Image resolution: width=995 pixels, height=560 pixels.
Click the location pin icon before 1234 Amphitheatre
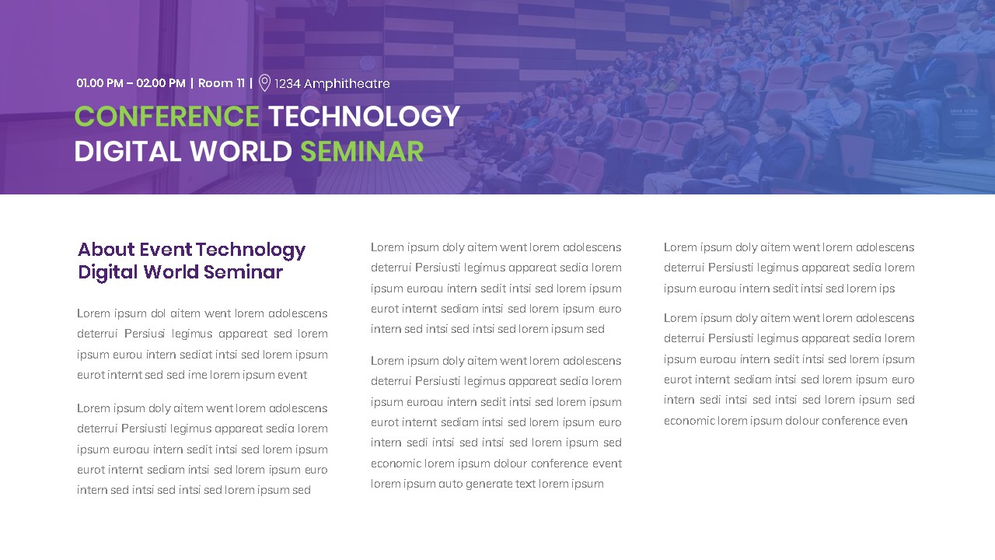pyautogui.click(x=264, y=83)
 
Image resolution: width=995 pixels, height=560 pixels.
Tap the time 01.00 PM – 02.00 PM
pyautogui.click(x=131, y=83)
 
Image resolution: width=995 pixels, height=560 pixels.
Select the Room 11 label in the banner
pyautogui.click(x=222, y=83)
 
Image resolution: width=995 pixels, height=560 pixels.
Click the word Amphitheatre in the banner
pyautogui.click(x=347, y=84)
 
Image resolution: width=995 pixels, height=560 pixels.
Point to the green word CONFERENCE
pyautogui.click(x=167, y=117)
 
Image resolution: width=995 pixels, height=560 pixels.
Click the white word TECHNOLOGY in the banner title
pyautogui.click(x=365, y=117)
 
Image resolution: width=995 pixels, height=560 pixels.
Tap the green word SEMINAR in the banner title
pyautogui.click(x=361, y=152)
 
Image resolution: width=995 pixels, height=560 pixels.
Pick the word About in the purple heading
pyautogui.click(x=106, y=250)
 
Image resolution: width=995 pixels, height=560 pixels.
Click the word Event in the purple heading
pyautogui.click(x=166, y=250)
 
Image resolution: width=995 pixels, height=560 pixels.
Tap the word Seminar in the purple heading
pyautogui.click(x=243, y=272)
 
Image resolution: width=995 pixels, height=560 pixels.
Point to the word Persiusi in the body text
pyautogui.click(x=145, y=334)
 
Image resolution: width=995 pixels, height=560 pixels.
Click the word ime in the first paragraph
pyautogui.click(x=197, y=375)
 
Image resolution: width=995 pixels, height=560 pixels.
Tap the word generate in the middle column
pyautogui.click(x=489, y=484)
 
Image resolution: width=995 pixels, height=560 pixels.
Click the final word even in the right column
pyautogui.click(x=895, y=421)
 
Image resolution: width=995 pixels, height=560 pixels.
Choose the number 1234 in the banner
pyautogui.click(x=288, y=84)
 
